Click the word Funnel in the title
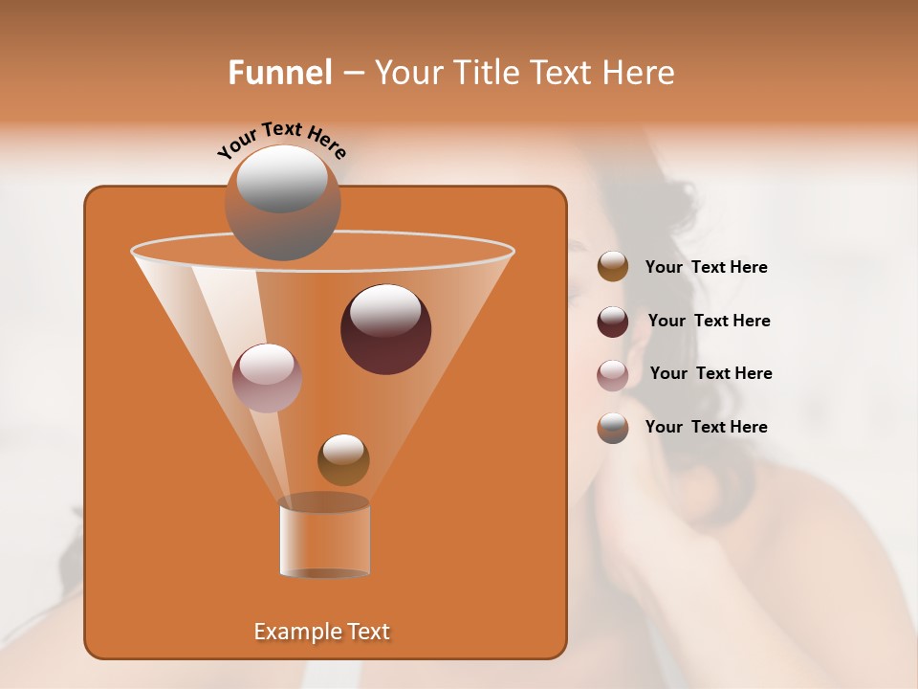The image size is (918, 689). (280, 73)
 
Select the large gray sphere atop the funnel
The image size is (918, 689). (282, 202)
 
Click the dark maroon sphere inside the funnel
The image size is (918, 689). (386, 328)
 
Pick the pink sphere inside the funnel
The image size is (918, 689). (267, 377)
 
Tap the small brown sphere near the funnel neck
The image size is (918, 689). (343, 459)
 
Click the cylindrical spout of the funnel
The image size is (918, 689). (324, 539)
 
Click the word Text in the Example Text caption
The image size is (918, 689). (368, 632)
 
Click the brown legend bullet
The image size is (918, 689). (613, 267)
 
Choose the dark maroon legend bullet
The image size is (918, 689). (613, 321)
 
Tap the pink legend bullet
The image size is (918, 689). (613, 374)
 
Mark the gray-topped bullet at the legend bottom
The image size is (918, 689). (613, 428)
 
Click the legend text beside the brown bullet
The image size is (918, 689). (706, 268)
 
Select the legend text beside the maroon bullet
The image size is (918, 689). (709, 322)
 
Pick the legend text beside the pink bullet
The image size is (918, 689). (710, 374)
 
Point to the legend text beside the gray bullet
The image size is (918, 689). (706, 428)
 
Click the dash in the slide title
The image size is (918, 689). (352, 74)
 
